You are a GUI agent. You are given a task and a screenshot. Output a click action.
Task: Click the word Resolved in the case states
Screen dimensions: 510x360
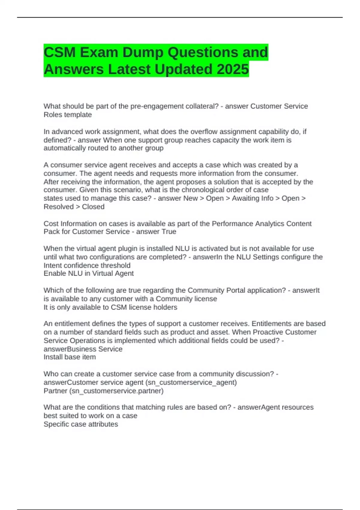pos(58,207)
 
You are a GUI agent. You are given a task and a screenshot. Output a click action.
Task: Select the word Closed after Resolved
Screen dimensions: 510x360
pos(93,207)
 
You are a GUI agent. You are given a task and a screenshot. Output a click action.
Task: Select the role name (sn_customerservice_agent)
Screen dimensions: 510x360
pos(192,382)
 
